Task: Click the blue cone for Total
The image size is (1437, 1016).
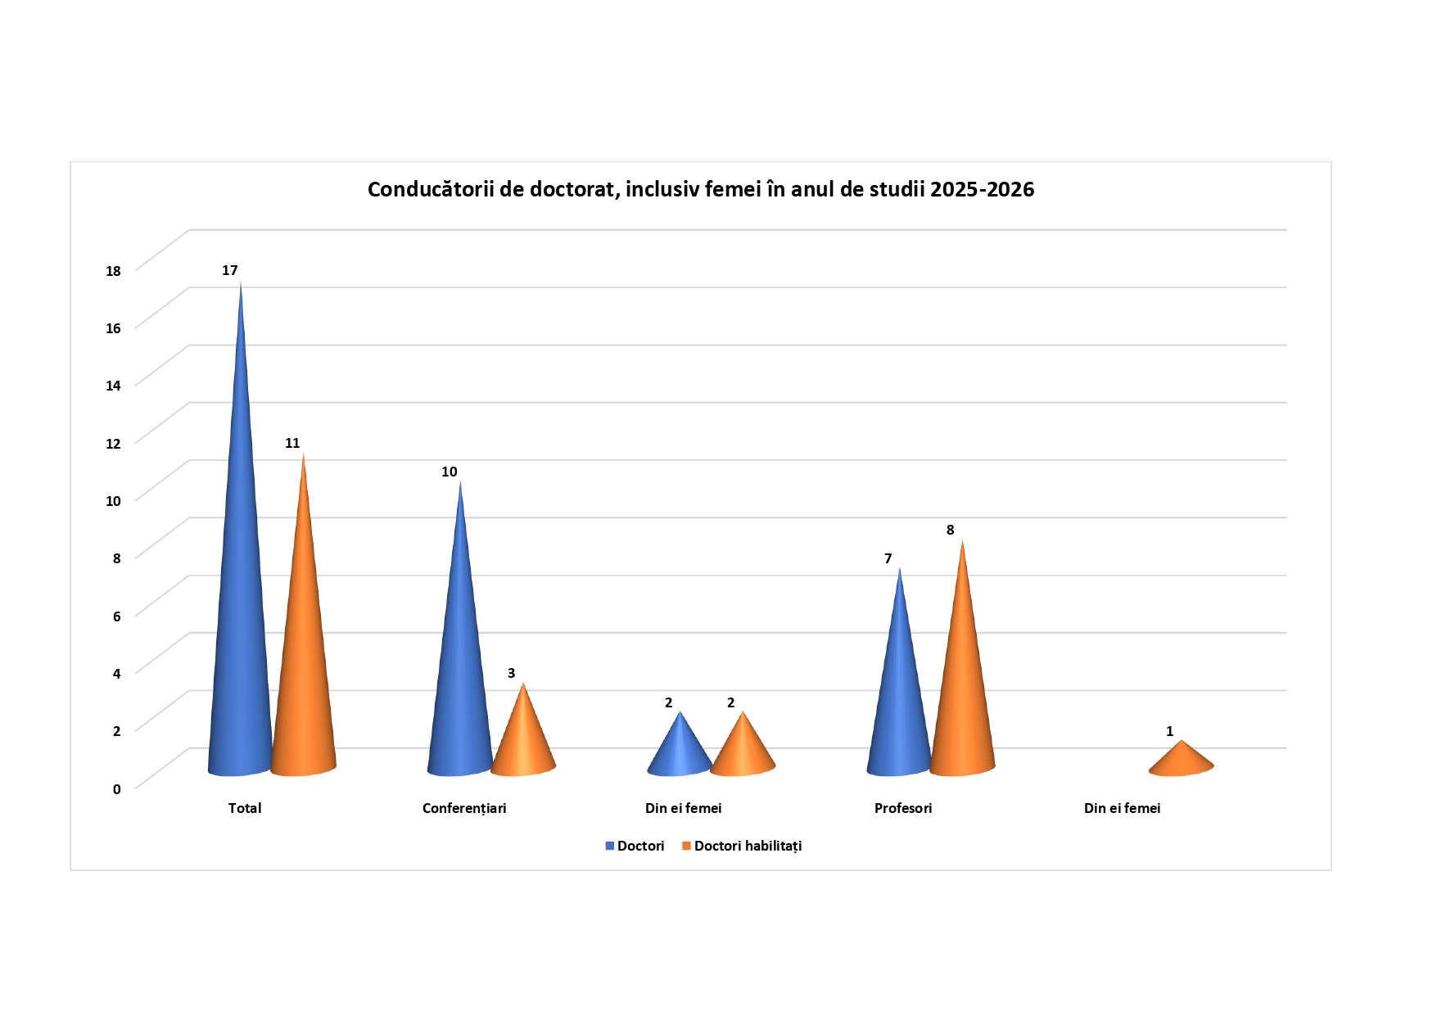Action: pos(240,614)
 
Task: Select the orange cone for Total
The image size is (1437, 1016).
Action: pos(303,655)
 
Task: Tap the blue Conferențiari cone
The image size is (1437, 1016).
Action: pos(459,671)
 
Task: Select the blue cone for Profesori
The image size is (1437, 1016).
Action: pos(899,704)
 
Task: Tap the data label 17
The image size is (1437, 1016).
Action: pos(229,270)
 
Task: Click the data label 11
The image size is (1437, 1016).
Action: pos(292,443)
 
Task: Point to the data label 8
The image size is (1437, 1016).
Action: pos(950,530)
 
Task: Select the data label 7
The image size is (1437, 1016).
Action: pos(888,558)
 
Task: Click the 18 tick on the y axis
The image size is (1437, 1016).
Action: pos(113,271)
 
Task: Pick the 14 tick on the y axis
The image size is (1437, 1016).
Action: pos(113,386)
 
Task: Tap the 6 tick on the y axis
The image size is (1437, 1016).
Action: pos(116,616)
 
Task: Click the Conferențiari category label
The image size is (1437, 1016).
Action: pos(464,808)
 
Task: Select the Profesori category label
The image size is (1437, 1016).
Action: pos(903,808)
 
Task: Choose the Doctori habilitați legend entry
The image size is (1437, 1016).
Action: pos(747,846)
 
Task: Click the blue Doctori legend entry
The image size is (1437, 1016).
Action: pos(639,846)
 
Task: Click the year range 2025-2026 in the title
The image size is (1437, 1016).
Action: pos(982,189)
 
